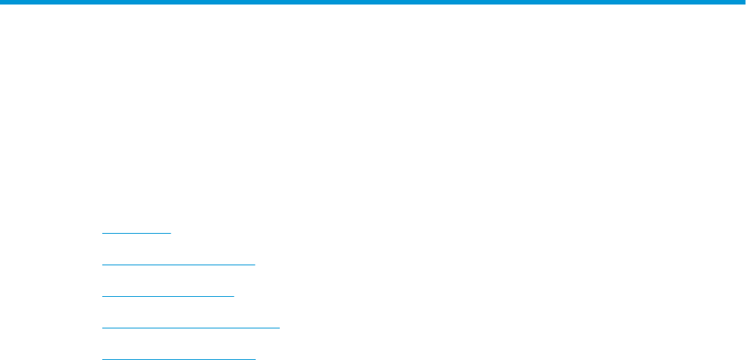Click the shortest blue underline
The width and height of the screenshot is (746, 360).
(x=136, y=233)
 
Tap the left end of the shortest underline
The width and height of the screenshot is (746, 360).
(x=102, y=233)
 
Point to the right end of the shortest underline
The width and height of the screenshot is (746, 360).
(x=171, y=233)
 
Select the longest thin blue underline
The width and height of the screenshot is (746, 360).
(x=190, y=327)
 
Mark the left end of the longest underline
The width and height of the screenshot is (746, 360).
(x=102, y=327)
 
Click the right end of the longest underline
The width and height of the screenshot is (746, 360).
(x=279, y=327)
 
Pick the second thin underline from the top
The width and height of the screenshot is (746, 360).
(x=178, y=265)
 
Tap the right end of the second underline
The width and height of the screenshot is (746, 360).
(x=256, y=265)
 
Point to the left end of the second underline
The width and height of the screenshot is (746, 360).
(x=102, y=265)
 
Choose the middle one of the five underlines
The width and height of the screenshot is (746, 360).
(x=168, y=295)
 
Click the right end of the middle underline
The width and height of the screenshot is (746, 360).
(x=235, y=295)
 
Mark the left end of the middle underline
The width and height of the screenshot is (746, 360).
(x=102, y=295)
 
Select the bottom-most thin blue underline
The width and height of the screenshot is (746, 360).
(x=178, y=358)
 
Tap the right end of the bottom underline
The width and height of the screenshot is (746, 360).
(x=256, y=358)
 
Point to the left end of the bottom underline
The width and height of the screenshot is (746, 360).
(x=102, y=358)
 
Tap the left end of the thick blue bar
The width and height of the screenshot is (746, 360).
(x=2, y=2)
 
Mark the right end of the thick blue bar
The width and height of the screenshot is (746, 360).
(x=744, y=2)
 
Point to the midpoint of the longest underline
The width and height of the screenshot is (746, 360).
(x=190, y=327)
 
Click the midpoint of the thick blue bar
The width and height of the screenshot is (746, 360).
(x=373, y=2)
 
